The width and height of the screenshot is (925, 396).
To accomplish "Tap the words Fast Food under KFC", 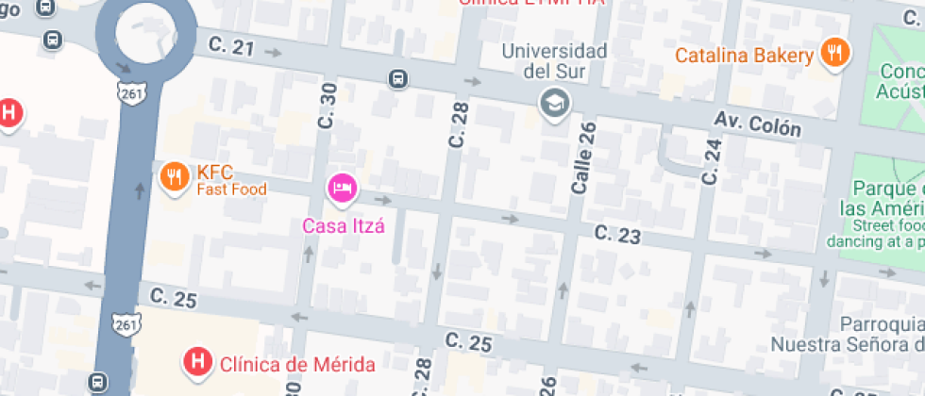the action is tap(231, 190).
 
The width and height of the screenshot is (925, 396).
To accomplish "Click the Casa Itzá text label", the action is tap(344, 226).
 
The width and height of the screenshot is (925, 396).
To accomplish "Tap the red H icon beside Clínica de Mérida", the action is tap(197, 360).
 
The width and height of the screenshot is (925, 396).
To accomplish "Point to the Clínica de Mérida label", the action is tap(297, 364).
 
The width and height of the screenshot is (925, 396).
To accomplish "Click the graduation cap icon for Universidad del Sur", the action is tap(553, 103).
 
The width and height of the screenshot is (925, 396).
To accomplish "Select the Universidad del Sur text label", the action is tap(553, 60).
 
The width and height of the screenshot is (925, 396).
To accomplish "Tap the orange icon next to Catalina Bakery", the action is tap(833, 54).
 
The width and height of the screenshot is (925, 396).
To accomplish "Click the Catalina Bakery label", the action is tap(744, 56).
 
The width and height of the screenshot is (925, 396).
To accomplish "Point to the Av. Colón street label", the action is tap(757, 123).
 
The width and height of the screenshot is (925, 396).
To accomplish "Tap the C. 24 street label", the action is tap(712, 160).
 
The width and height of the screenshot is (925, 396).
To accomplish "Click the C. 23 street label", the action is tap(617, 234).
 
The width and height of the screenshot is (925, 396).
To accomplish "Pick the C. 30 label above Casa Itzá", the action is tap(328, 106).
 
